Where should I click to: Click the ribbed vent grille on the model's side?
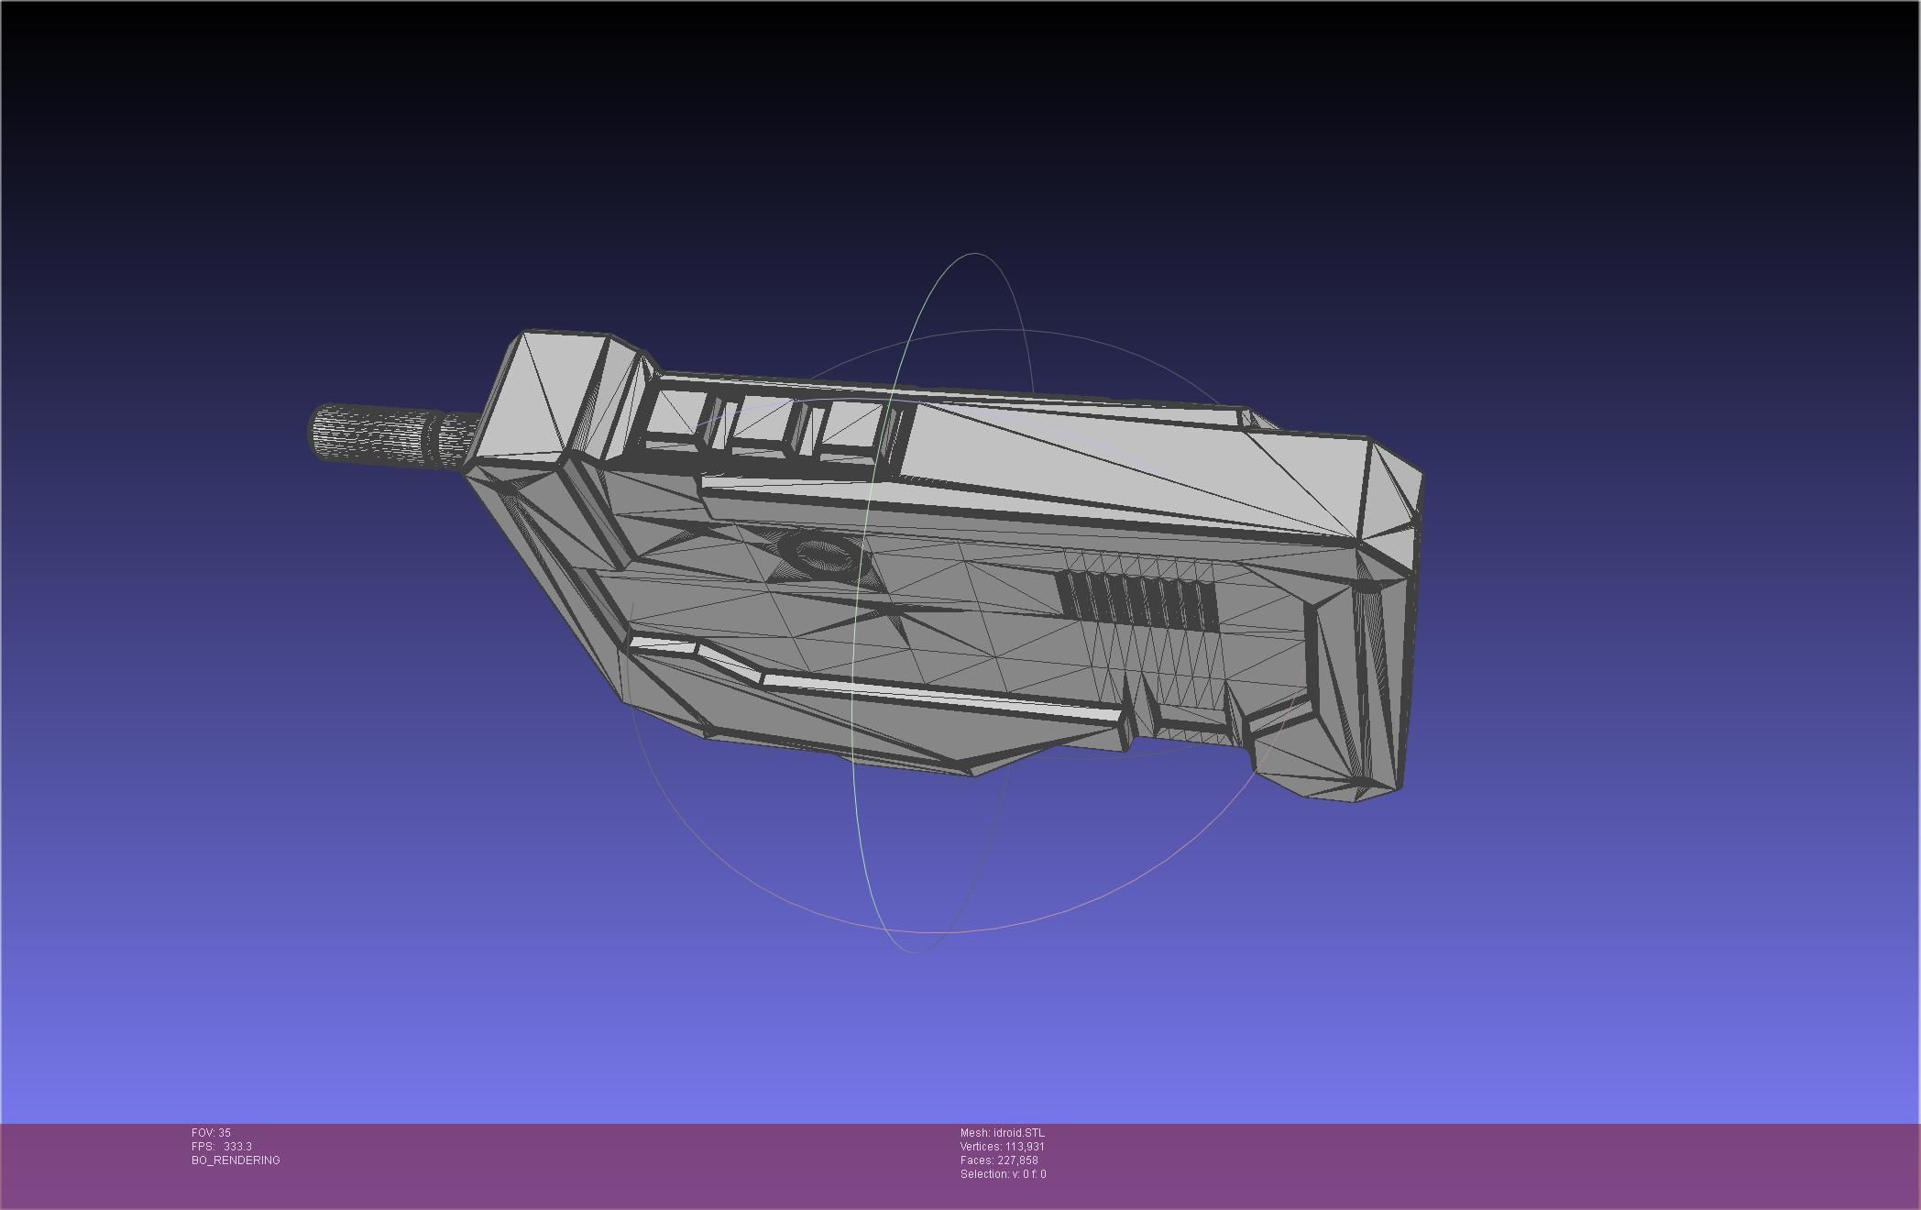(x=1137, y=599)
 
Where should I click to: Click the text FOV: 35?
(x=211, y=1133)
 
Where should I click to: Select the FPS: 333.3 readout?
(x=222, y=1147)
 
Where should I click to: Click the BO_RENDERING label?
(x=236, y=1160)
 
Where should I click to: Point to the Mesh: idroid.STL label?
(x=1002, y=1133)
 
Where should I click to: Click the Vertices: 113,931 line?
(x=1002, y=1147)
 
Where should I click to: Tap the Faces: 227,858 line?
(x=999, y=1160)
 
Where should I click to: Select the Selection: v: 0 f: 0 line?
(x=1003, y=1174)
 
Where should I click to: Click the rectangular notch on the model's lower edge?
(x=1146, y=724)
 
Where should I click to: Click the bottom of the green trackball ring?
(x=917, y=951)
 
